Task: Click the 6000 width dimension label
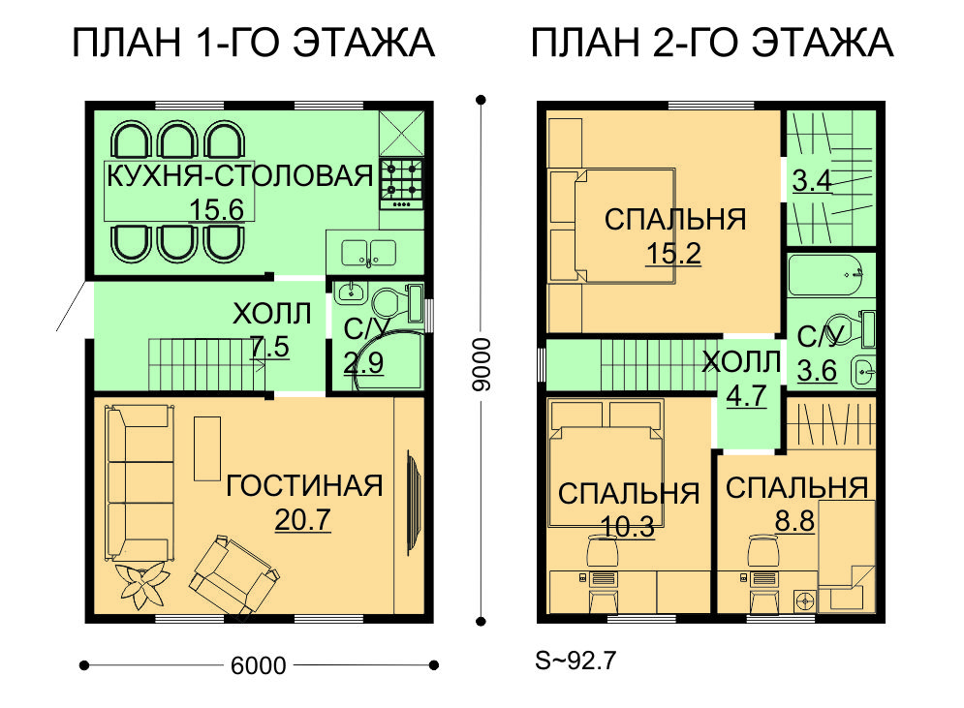[x=259, y=665]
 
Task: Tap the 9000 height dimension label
[x=482, y=364]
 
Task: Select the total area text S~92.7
[x=575, y=661]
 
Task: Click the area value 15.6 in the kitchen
[x=216, y=209]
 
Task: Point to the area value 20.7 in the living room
[x=302, y=520]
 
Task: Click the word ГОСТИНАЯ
[x=304, y=486]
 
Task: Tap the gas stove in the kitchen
[x=402, y=184]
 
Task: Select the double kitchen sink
[x=368, y=253]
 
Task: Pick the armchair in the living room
[x=233, y=575]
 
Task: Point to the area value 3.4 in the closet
[x=812, y=181]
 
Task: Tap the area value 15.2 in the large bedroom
[x=673, y=253]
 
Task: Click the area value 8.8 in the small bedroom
[x=794, y=521]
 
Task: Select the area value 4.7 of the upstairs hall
[x=746, y=396]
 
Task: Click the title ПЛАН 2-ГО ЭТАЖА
[x=712, y=43]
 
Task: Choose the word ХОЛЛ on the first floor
[x=271, y=314]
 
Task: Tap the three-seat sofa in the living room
[x=140, y=482]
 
